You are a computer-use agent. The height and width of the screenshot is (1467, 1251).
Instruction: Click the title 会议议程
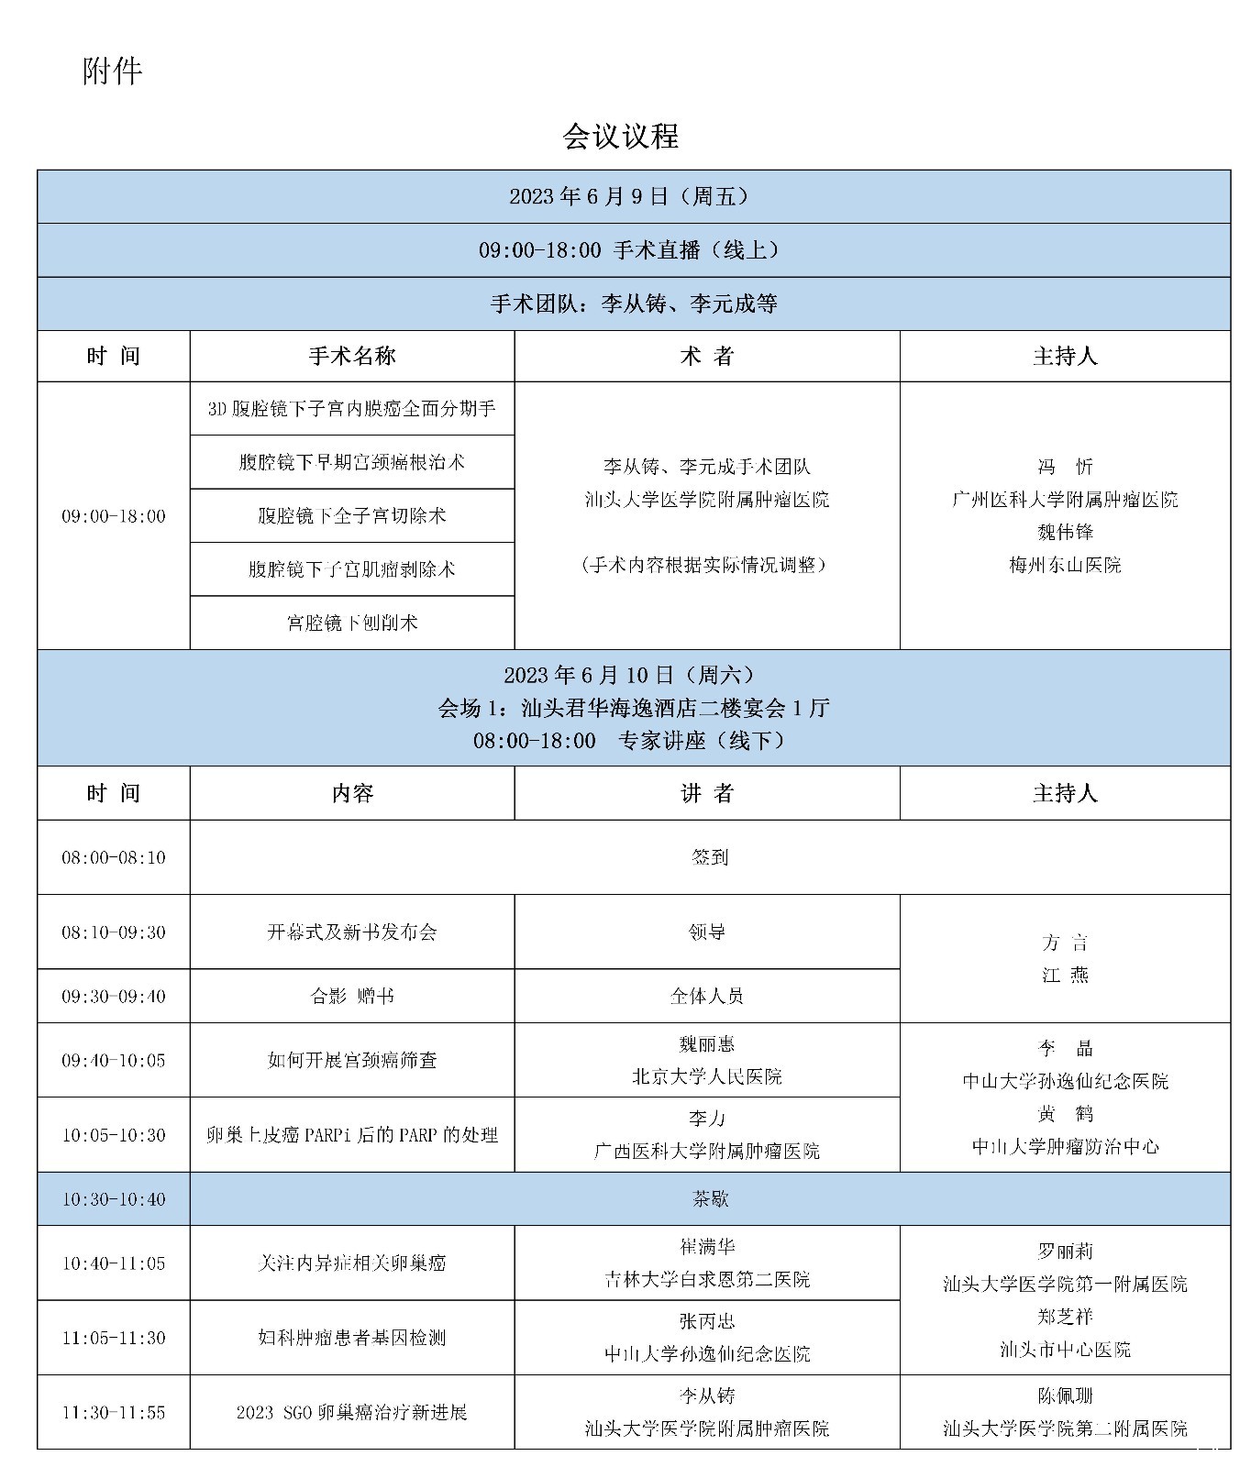point(620,137)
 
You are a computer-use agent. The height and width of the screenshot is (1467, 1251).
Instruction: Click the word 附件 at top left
point(112,71)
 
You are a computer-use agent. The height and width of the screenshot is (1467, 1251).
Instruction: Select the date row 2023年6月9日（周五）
point(633,196)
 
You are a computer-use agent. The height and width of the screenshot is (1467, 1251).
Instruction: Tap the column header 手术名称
point(352,357)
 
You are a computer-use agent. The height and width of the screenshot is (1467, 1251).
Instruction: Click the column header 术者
point(707,357)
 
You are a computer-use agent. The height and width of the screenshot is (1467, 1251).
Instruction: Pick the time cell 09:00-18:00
point(114,516)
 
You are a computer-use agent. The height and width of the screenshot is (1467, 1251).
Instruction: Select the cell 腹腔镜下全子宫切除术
point(352,515)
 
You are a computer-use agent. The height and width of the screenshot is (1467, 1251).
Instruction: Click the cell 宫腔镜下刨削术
point(352,623)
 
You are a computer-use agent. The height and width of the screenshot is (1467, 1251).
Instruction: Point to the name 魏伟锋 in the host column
point(1065,532)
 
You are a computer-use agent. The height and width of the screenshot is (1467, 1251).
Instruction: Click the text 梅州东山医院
point(1065,565)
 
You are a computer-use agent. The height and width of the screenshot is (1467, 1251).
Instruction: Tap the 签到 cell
point(710,857)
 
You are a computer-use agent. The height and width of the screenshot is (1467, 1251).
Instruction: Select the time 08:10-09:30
point(114,932)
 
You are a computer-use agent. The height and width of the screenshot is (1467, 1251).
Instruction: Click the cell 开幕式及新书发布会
point(352,932)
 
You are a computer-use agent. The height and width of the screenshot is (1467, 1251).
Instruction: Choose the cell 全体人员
point(707,996)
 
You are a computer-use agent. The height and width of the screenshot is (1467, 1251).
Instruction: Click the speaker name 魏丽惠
point(707,1044)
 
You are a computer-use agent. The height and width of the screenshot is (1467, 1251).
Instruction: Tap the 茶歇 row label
point(710,1199)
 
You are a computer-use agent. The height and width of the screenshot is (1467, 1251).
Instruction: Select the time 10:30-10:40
point(114,1199)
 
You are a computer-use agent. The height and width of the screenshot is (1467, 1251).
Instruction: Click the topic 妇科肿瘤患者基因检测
point(352,1338)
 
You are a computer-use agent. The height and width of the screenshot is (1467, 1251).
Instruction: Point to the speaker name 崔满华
point(707,1247)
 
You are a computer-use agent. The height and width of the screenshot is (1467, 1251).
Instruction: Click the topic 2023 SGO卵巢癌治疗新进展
point(352,1412)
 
